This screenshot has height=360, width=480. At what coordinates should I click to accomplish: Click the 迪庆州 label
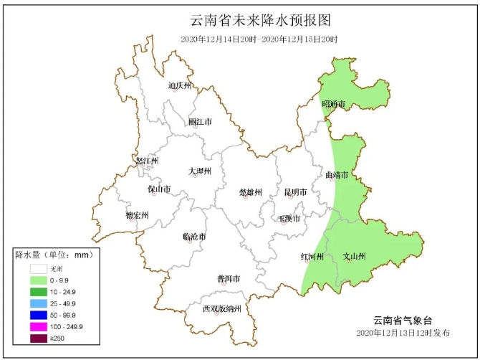click(181, 86)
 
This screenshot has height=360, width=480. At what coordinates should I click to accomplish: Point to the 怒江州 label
click(146, 161)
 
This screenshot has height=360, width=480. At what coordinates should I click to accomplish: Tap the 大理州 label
click(200, 171)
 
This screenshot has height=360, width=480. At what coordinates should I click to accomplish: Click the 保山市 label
click(159, 189)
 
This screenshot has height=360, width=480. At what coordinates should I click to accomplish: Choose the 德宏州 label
click(137, 215)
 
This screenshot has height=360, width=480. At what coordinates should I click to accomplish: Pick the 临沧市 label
click(194, 236)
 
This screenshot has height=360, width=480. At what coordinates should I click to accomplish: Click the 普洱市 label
click(228, 278)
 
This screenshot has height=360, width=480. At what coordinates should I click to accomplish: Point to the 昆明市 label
click(295, 192)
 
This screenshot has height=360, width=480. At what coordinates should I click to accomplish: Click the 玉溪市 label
click(289, 217)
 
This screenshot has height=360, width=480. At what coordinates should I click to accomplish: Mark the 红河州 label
click(312, 256)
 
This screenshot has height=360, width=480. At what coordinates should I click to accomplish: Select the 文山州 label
click(355, 256)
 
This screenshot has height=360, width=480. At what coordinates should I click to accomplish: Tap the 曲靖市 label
click(337, 175)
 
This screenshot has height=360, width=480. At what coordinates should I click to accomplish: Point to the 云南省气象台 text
click(403, 320)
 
